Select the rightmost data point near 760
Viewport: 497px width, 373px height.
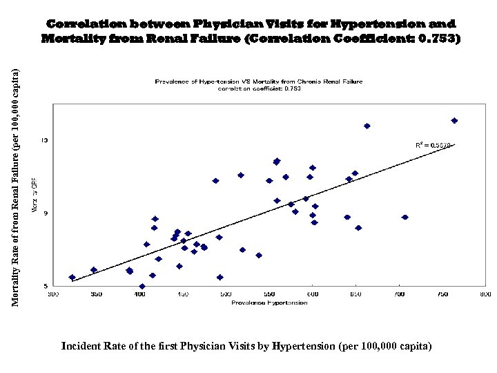[454, 120]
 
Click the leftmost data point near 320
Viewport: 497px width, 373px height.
[72, 277]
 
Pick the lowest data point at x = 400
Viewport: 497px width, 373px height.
[142, 286]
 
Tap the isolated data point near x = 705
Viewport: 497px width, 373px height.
[405, 217]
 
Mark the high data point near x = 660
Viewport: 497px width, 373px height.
[367, 126]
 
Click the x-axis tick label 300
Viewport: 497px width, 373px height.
[53, 295]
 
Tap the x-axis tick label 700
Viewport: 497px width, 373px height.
[398, 295]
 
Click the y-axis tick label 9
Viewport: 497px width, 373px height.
[46, 213]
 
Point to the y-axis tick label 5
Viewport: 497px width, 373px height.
[46, 285]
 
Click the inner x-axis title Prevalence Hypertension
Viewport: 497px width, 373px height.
[260, 303]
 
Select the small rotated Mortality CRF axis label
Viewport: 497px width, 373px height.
[35, 195]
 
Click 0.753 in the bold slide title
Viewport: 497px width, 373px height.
[438, 39]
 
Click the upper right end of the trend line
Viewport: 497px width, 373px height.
[454, 144]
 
